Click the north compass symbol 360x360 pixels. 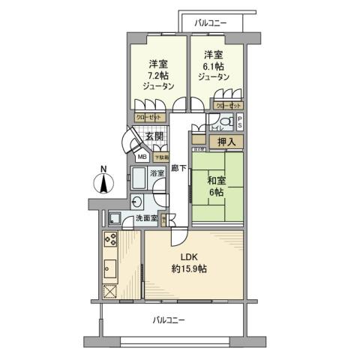(103, 181)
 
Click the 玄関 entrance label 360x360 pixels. (154, 136)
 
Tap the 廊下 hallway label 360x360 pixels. (178, 169)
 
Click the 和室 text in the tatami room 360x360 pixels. (217, 180)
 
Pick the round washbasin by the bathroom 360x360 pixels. (136, 200)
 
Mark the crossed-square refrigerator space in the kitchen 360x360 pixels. (110, 292)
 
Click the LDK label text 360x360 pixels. (188, 257)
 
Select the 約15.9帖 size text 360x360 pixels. (193, 268)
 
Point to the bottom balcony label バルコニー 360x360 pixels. (169, 319)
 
